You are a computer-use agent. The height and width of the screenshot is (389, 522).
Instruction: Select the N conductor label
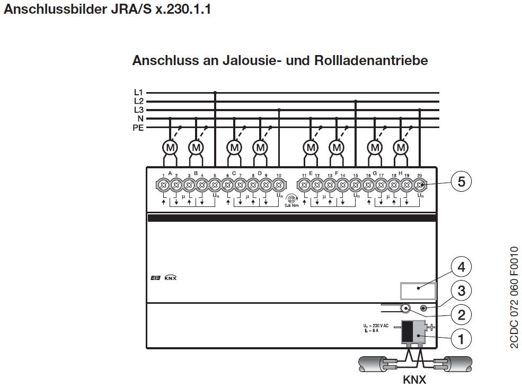[140, 119]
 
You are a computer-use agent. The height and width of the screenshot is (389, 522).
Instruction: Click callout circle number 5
[461, 182]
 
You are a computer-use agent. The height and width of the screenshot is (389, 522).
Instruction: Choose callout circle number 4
[461, 267]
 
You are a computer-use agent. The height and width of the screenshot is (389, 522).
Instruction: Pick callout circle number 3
[461, 291]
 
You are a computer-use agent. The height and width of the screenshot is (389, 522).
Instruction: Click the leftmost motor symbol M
[170, 147]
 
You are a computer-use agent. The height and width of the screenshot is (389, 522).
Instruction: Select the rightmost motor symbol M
[401, 147]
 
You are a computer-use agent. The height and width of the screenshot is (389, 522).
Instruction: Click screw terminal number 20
[420, 185]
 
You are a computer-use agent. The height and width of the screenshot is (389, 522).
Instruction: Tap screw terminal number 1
[163, 185]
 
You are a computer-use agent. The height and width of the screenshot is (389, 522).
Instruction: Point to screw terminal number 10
[279, 185]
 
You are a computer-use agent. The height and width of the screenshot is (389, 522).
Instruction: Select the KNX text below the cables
[414, 379]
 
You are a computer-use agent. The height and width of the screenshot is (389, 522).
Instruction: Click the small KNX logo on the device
[170, 277]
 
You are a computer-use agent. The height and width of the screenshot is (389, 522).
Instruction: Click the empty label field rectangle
[418, 291]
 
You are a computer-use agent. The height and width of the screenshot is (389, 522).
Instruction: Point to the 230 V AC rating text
[377, 325]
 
